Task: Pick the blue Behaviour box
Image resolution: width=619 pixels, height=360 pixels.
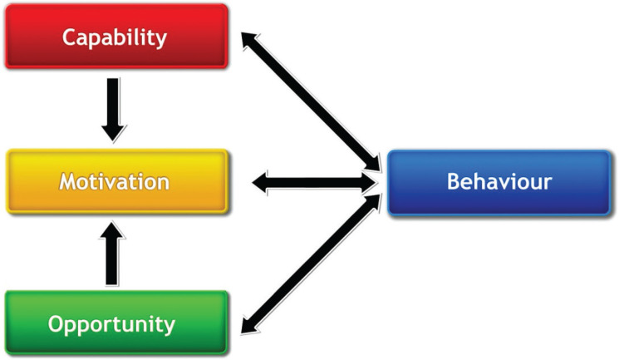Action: click(x=499, y=182)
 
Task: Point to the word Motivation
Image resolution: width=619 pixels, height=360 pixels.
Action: click(x=115, y=181)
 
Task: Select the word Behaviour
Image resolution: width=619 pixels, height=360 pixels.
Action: click(x=499, y=182)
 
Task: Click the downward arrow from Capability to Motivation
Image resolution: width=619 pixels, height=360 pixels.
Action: click(x=115, y=108)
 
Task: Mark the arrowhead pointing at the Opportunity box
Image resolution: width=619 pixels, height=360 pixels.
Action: click(x=248, y=323)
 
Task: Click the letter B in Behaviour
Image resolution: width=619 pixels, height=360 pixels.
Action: click(x=454, y=182)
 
